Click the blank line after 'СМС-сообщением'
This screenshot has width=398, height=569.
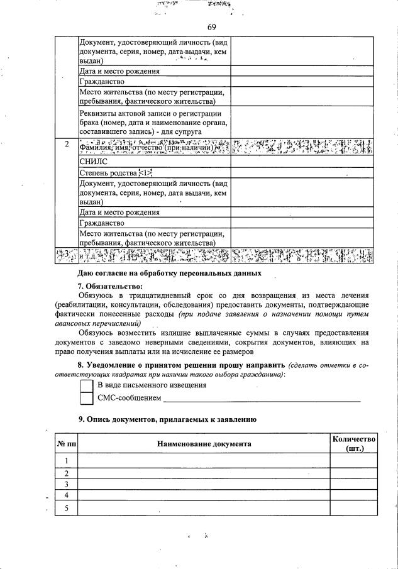tap(262, 399)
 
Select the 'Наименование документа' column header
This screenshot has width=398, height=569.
tap(204, 444)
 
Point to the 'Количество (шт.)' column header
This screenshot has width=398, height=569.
tap(354, 444)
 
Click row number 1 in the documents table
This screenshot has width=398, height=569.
tap(66, 461)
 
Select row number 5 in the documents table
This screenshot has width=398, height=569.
tap(66, 508)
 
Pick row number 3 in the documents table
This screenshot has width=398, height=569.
tap(66, 485)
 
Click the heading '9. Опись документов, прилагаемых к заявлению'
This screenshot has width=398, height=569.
tap(167, 419)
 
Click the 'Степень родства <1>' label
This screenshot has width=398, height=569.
tap(116, 172)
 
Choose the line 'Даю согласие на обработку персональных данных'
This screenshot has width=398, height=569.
tap(169, 273)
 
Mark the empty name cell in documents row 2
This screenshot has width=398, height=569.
tap(204, 473)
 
